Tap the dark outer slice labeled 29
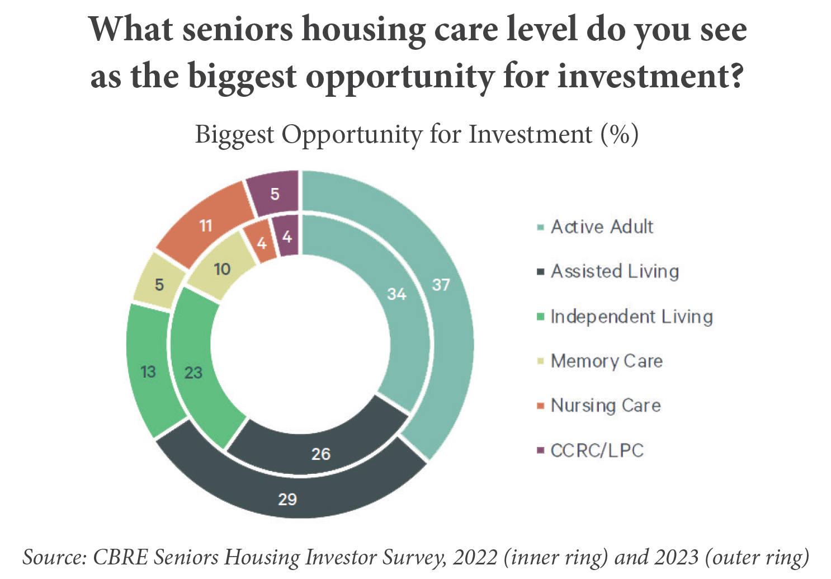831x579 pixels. (287, 498)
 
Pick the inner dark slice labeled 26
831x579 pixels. (320, 453)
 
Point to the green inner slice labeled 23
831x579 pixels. (193, 373)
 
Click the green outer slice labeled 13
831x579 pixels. (148, 371)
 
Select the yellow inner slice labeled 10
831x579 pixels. (222, 270)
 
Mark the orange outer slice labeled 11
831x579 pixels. (206, 226)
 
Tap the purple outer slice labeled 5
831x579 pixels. (275, 194)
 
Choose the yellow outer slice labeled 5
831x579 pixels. (159, 285)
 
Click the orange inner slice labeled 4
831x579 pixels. (261, 244)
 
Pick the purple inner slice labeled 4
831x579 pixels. (287, 237)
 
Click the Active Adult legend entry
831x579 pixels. (602, 227)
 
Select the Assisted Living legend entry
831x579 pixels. (615, 271)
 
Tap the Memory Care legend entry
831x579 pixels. (606, 361)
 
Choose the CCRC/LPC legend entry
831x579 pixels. (597, 450)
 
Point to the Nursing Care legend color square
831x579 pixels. (540, 406)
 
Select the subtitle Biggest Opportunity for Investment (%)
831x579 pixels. (417, 135)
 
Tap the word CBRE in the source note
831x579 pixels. (121, 557)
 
